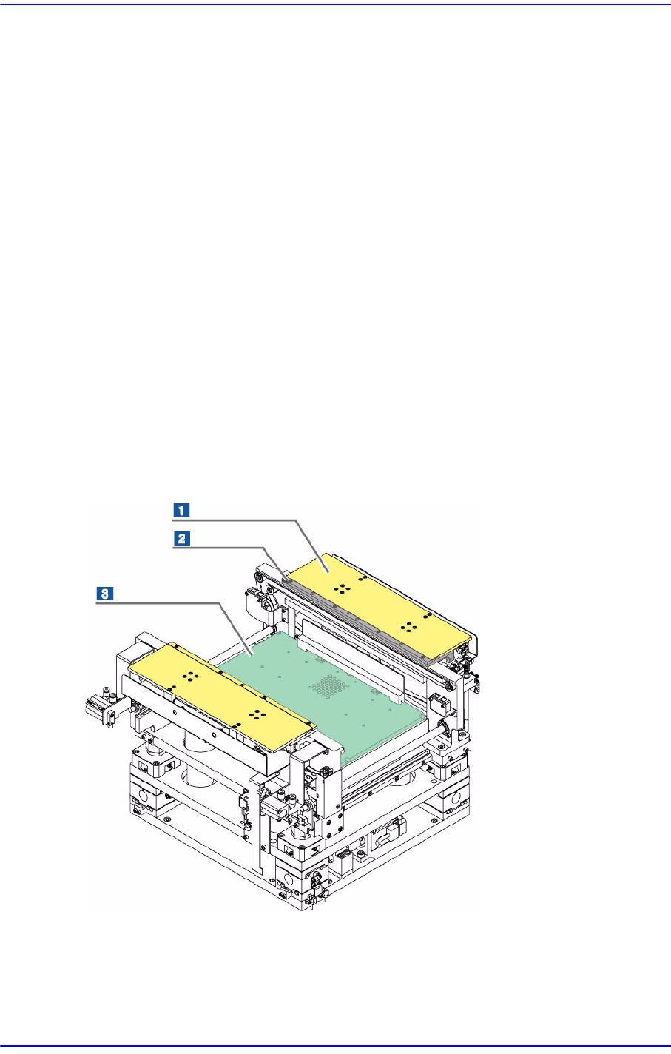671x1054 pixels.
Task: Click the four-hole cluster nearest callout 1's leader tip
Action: point(343,589)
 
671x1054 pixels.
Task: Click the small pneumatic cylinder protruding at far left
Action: point(100,710)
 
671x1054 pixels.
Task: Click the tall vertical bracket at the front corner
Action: point(254,829)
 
